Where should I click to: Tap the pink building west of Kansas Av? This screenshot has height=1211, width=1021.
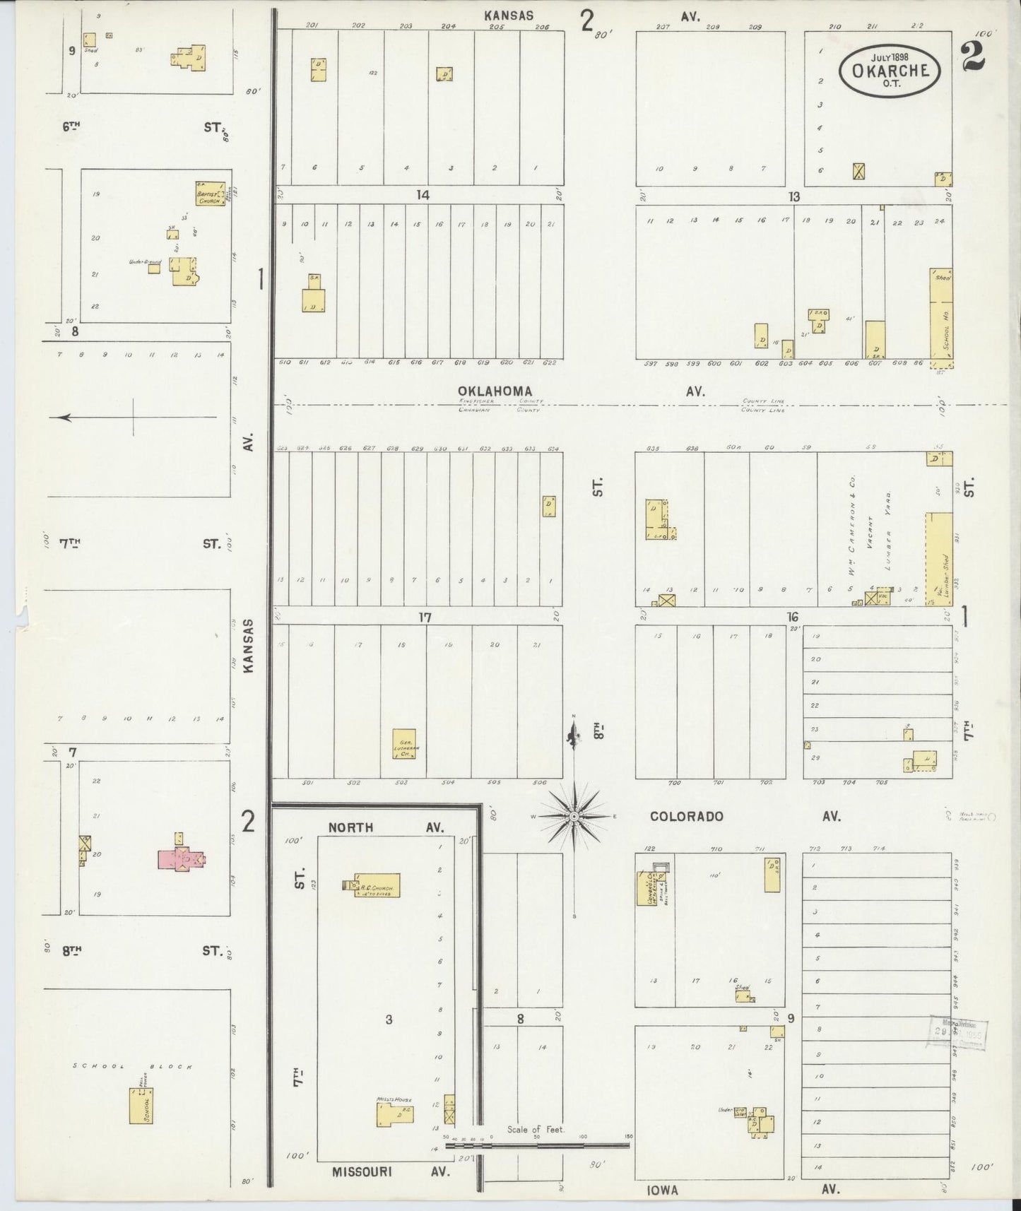click(182, 858)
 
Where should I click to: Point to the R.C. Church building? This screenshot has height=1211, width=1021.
click(376, 886)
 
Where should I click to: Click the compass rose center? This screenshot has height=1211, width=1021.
click(575, 817)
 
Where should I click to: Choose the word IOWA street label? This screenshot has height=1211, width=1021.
click(661, 1190)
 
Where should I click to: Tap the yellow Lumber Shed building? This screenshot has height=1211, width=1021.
click(938, 557)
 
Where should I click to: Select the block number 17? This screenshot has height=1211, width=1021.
click(424, 618)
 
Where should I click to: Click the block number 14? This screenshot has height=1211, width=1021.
click(423, 195)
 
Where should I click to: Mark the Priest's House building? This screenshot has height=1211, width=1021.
click(394, 1115)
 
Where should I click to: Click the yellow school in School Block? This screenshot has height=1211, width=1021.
click(140, 1105)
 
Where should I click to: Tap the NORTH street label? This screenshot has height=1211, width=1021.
click(350, 827)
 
